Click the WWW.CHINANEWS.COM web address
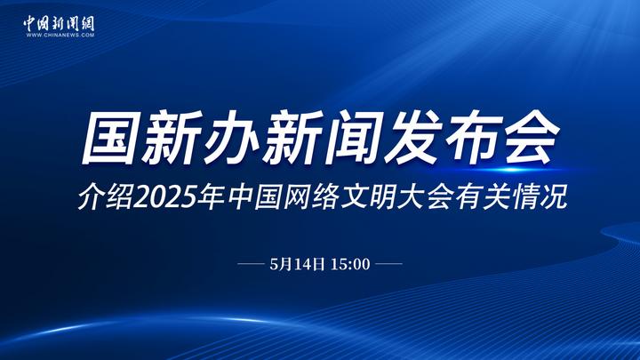click(60, 35)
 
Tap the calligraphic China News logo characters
click(60, 23)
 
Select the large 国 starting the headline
click(108, 138)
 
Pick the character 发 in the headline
click(412, 138)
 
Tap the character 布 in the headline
click(474, 138)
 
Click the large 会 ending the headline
click(532, 138)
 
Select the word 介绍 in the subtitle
click(106, 197)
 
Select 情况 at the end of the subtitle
click(540, 197)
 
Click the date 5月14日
click(297, 264)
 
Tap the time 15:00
click(350, 264)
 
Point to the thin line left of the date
click(251, 264)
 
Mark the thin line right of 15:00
click(388, 264)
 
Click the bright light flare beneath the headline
click(512, 169)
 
